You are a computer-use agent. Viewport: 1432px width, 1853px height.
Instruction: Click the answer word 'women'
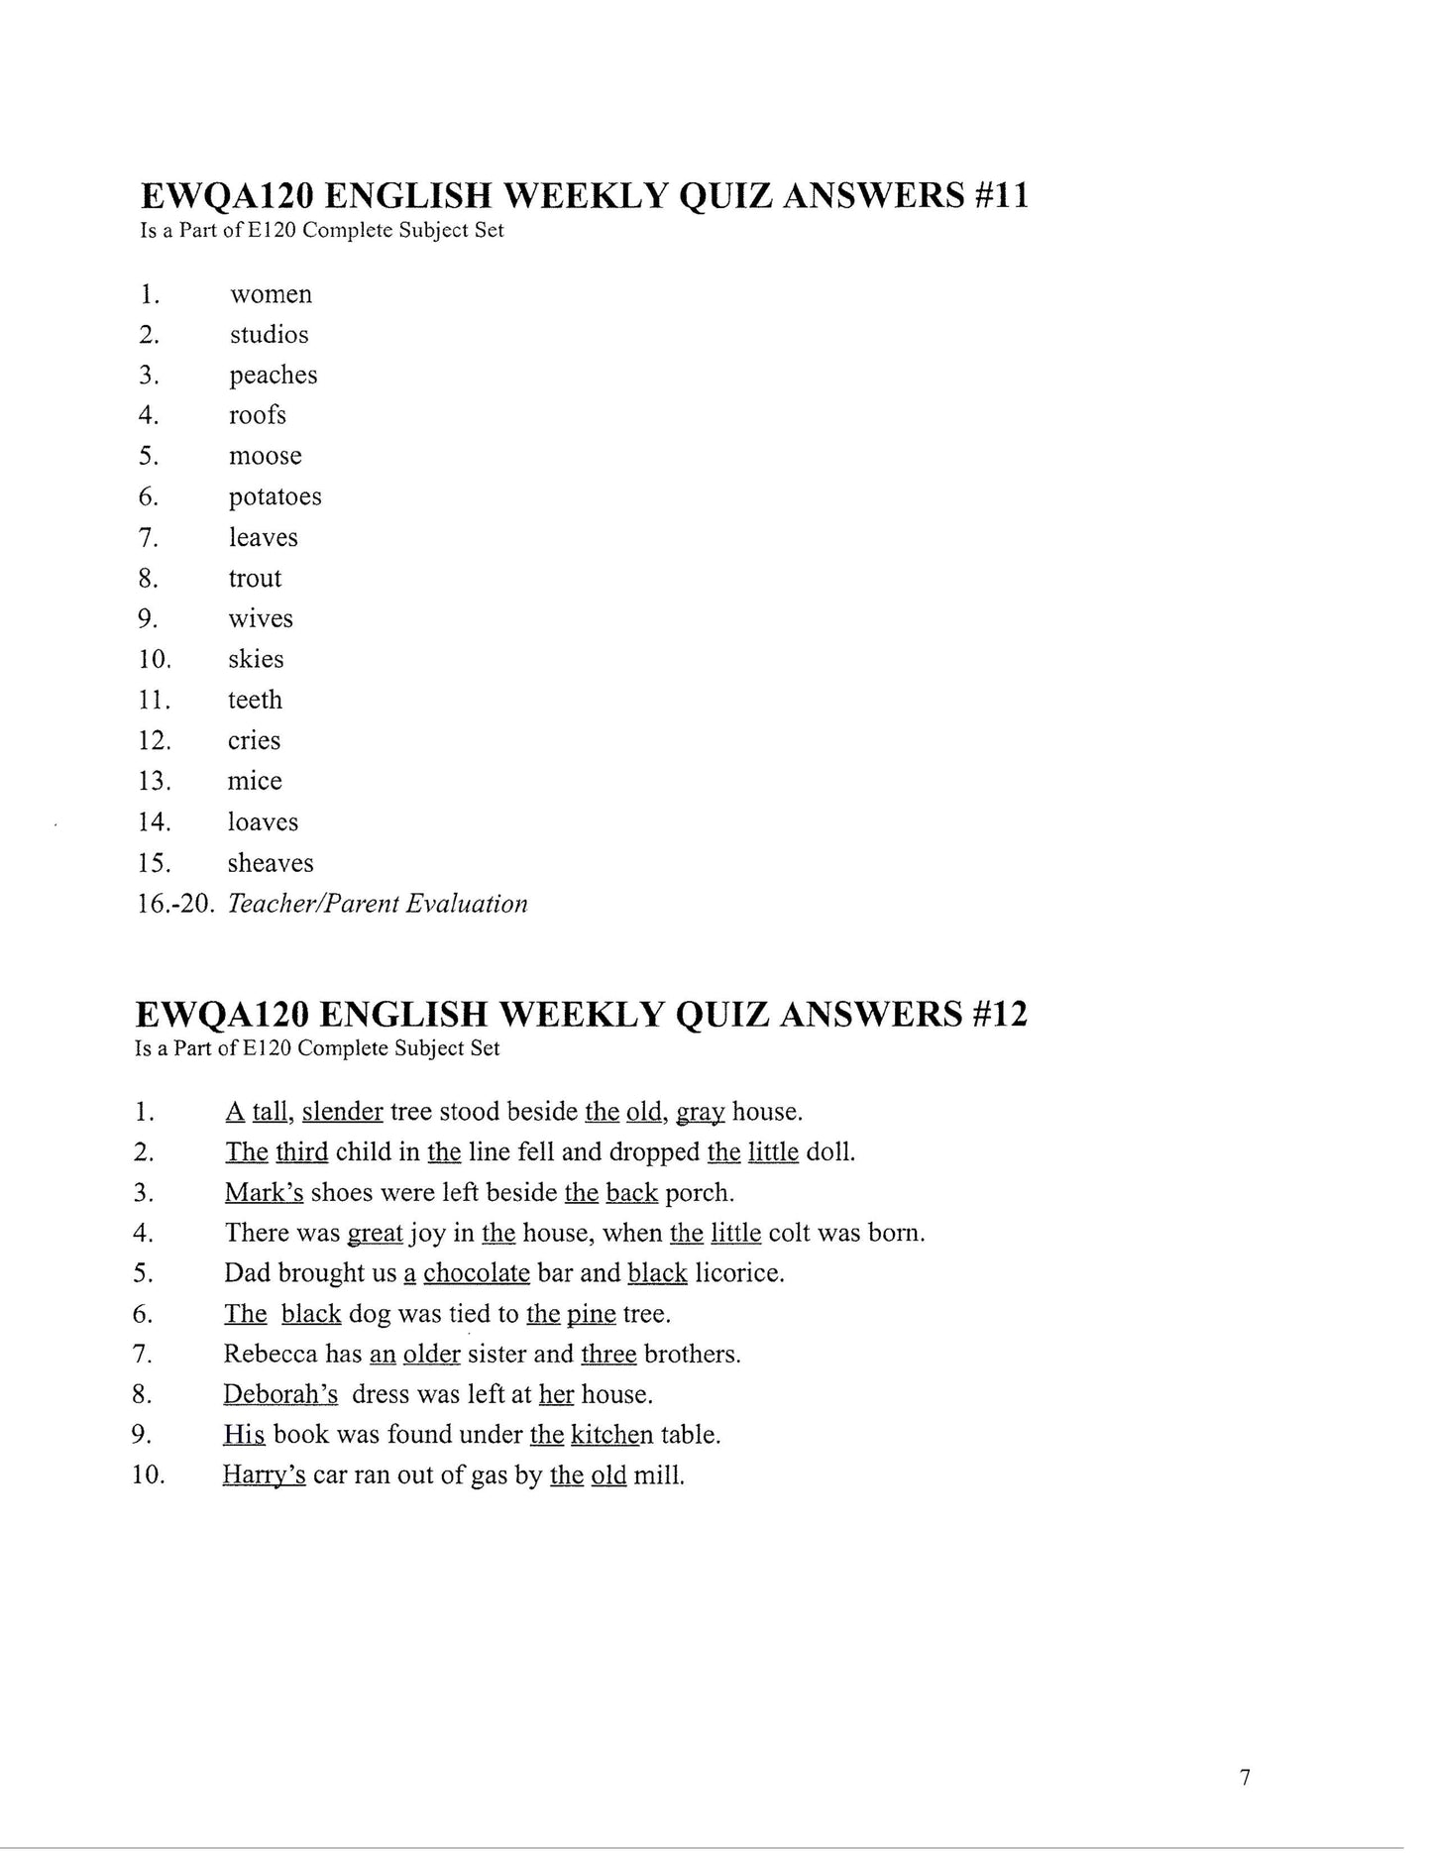(271, 294)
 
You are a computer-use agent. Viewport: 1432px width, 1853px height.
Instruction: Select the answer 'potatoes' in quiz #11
(275, 496)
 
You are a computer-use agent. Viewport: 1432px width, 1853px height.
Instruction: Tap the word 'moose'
(265, 456)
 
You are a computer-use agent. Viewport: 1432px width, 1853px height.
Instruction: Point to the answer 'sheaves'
(270, 863)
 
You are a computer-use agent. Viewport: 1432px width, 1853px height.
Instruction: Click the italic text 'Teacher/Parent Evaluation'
(377, 904)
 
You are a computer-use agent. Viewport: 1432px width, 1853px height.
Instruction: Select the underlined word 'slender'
(342, 1112)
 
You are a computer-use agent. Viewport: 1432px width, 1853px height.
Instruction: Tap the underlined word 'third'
(301, 1152)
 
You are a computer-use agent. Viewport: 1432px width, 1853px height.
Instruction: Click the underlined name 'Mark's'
(264, 1193)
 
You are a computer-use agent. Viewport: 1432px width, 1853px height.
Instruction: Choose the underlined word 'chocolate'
(476, 1273)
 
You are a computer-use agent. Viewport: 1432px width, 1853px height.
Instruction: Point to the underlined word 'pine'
(591, 1314)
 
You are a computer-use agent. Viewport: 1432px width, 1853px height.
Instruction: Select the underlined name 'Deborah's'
(280, 1395)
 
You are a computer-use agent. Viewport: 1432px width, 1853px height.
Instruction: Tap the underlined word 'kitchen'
(611, 1435)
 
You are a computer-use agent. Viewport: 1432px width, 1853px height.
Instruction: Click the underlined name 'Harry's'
(264, 1475)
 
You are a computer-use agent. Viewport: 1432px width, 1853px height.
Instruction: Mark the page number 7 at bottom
(1245, 1778)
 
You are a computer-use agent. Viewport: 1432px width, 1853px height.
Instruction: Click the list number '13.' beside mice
(155, 781)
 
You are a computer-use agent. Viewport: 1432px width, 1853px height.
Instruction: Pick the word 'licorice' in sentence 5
(737, 1273)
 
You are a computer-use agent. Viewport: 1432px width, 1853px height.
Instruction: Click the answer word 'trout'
(255, 578)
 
